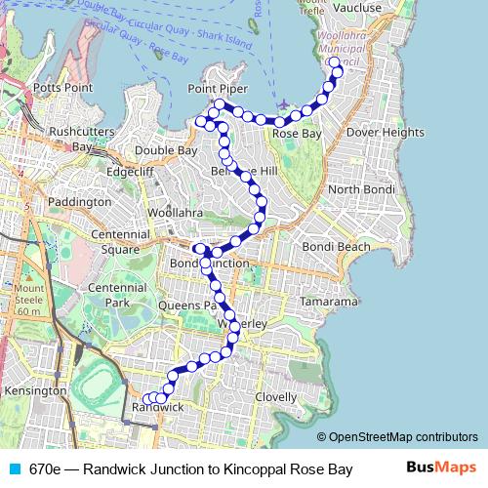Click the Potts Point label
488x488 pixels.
(x=63, y=88)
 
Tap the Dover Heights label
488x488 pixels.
(x=386, y=132)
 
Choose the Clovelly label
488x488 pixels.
(x=275, y=397)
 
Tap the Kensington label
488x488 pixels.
(x=35, y=390)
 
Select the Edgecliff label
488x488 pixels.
(x=131, y=171)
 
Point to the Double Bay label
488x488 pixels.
(x=167, y=151)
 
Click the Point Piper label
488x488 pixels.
(x=217, y=89)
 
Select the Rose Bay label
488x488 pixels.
(x=297, y=133)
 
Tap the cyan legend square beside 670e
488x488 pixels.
(x=14, y=469)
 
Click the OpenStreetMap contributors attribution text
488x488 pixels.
(x=402, y=437)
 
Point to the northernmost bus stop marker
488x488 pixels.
(x=335, y=63)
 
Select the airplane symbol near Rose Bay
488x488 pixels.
(x=283, y=104)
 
